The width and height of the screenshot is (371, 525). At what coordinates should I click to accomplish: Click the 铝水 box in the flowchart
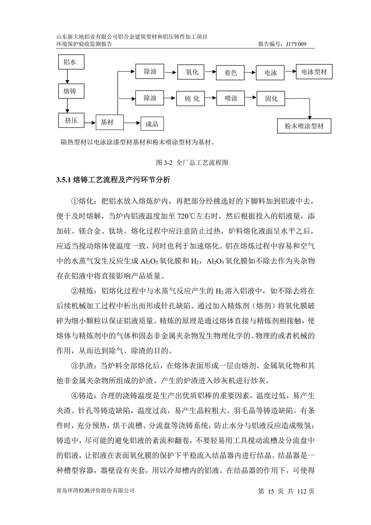[x=70, y=62]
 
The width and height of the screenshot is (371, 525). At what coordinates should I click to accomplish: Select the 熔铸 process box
[x=70, y=91]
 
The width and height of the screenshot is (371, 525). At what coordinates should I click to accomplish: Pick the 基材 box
[x=107, y=123]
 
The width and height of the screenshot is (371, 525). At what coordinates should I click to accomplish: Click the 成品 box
[x=152, y=124]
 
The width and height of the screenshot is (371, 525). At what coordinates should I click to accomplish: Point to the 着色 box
[x=231, y=73]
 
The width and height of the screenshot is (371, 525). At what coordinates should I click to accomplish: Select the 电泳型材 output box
[x=314, y=72]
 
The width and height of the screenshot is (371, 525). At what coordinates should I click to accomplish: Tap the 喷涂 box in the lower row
[x=231, y=98]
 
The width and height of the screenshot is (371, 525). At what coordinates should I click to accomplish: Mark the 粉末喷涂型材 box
[x=304, y=126]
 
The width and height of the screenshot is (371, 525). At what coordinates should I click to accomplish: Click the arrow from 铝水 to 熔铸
[x=67, y=77]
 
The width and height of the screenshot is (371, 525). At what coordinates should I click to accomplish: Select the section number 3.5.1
[x=63, y=180]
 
